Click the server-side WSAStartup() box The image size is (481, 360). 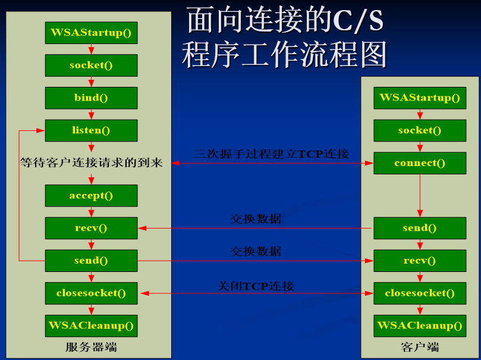click(91, 33)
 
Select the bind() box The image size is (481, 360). click(91, 98)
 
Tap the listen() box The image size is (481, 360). click(91, 130)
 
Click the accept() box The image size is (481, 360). click(91, 196)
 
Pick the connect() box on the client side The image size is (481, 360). click(420, 163)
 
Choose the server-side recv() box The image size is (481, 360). click(91, 228)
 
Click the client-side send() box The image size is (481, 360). click(420, 228)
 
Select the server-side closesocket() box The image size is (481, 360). click(91, 293)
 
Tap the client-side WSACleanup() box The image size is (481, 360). click(420, 325)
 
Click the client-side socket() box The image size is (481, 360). click(420, 130)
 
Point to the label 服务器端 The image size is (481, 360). click(91, 347)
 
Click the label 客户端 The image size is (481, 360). click(420, 347)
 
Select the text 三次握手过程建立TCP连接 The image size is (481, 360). click(272, 154)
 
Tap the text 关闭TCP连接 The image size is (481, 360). click(256, 286)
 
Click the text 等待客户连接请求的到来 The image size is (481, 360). click(91, 162)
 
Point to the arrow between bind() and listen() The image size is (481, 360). click(91, 114)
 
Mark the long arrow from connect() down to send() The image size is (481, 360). click(420, 196)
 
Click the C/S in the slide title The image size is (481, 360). click(358, 21)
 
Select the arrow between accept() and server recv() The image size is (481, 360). click(91, 212)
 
